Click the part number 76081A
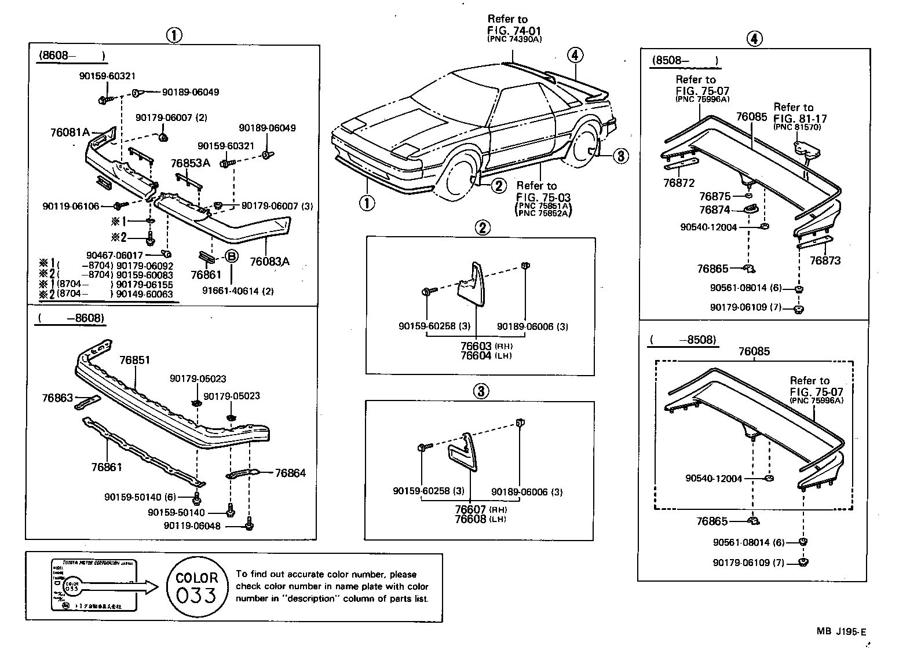[70, 132]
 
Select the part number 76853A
[190, 163]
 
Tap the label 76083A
[269, 262]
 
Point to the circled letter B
[231, 256]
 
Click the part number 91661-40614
[237, 291]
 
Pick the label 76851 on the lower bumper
[134, 360]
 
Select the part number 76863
[57, 398]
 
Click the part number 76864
[290, 473]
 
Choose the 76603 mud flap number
[476, 346]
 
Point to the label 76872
[679, 183]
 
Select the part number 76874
[714, 210]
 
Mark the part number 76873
[825, 260]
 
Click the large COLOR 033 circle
[196, 586]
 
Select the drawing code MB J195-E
[844, 632]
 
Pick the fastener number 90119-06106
[71, 206]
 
